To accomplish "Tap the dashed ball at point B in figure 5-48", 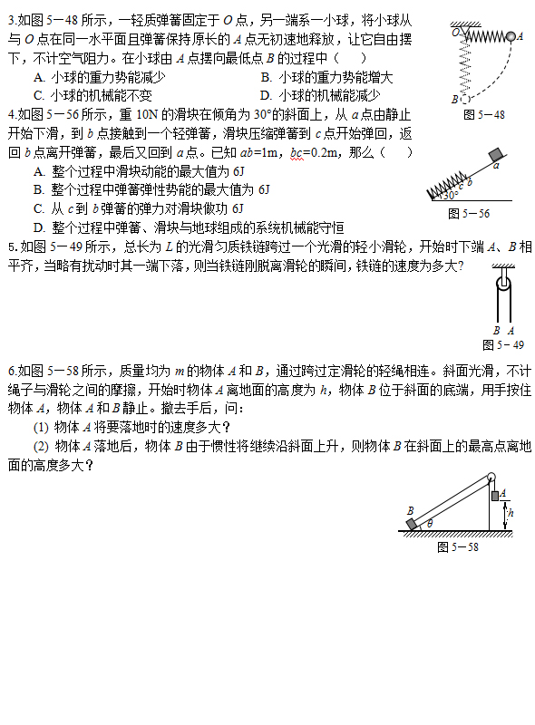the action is click(x=466, y=99).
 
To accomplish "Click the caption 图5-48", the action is click(x=482, y=115).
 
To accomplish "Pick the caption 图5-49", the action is click(x=502, y=345).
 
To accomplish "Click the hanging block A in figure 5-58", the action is click(x=495, y=494).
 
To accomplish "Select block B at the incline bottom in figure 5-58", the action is click(x=412, y=524).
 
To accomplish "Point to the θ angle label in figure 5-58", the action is click(x=430, y=523).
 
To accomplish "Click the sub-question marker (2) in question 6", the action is click(x=41, y=446).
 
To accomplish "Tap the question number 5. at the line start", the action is click(x=12, y=246).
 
